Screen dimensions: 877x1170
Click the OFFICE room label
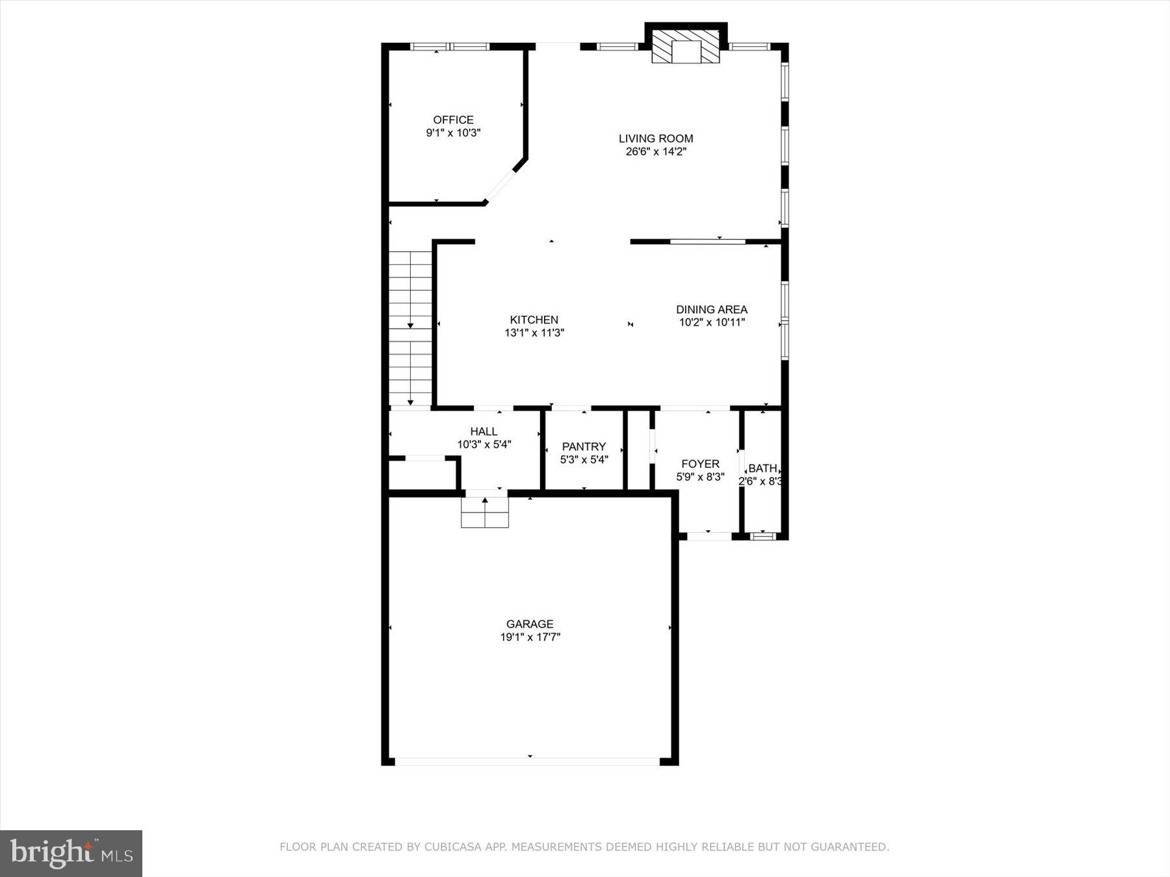point(453,120)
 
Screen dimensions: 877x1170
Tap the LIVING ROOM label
point(655,138)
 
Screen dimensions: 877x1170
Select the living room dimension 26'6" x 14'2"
point(655,152)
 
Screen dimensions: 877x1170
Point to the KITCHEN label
point(534,320)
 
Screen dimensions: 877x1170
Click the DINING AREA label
point(711,310)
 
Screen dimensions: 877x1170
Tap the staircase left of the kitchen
point(410,328)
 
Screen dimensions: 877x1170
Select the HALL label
point(484,431)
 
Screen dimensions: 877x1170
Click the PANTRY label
point(584,446)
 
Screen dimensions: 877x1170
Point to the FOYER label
point(700,464)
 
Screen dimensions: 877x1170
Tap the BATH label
point(762,468)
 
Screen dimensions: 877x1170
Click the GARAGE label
point(530,624)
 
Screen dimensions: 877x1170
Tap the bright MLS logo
point(71,853)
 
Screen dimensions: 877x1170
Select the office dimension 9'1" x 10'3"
point(453,133)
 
